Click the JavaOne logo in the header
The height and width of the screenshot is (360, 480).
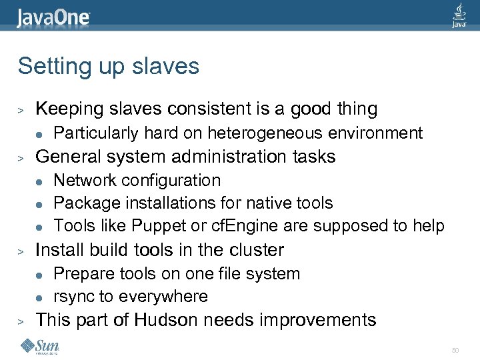coord(53,16)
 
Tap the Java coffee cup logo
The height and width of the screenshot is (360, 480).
coord(459,15)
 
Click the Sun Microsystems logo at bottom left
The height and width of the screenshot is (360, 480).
coord(40,346)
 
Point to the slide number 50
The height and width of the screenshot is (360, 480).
coord(455,350)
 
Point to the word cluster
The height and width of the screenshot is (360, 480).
coord(257,250)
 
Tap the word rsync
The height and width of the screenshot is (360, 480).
coord(73,297)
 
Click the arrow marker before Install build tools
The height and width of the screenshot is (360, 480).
coord(21,251)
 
